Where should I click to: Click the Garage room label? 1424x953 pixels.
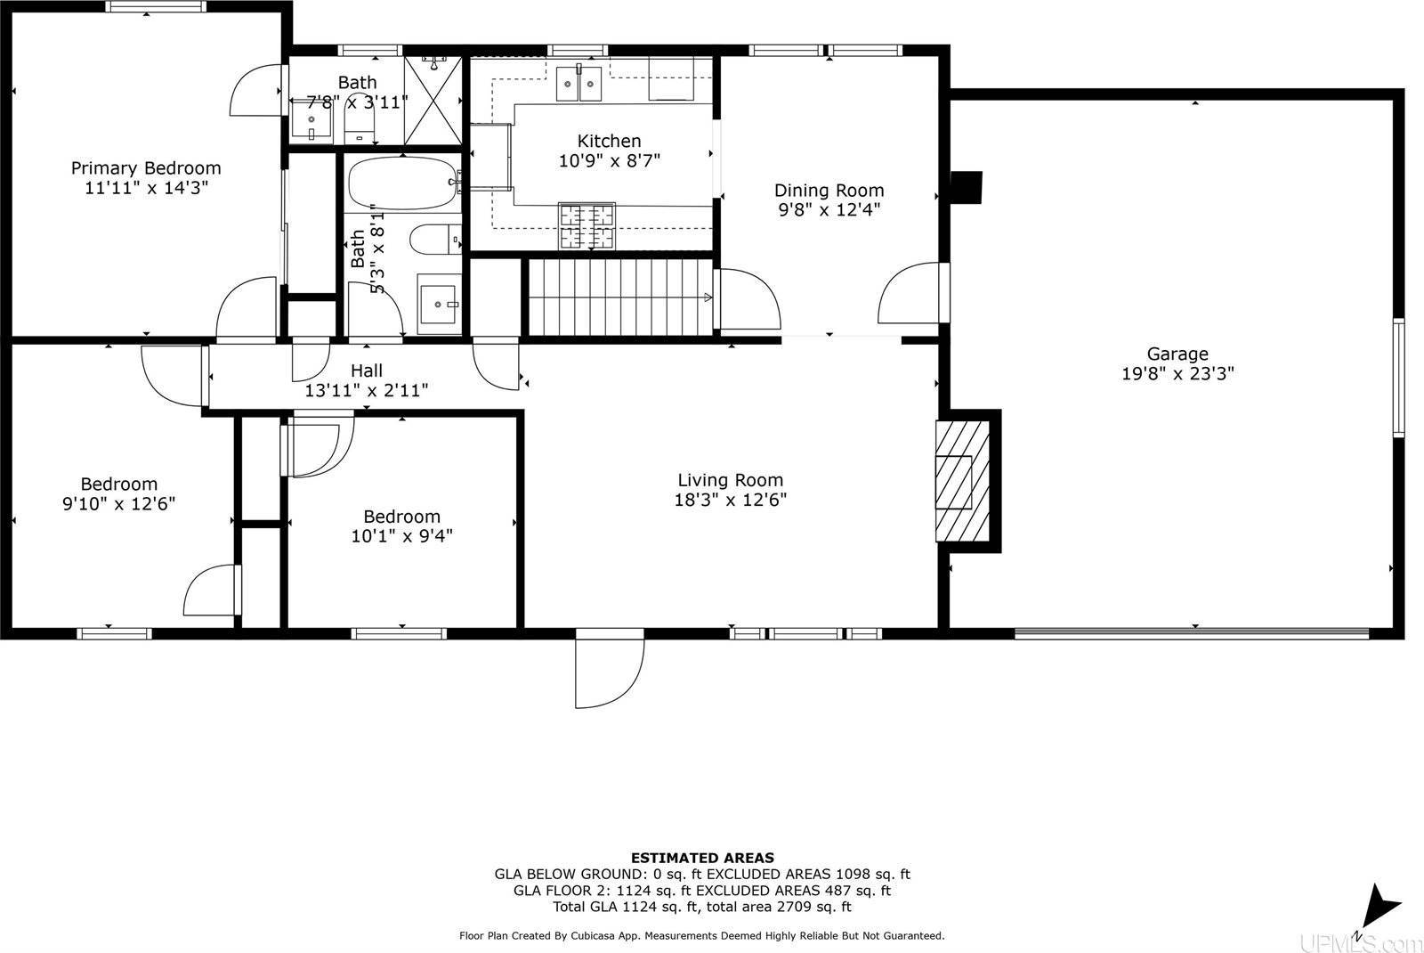[x=1177, y=354]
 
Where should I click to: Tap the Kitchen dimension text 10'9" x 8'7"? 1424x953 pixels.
[x=610, y=160]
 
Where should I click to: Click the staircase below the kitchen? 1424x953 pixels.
[x=620, y=297]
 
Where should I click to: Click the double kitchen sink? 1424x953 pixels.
[x=579, y=84]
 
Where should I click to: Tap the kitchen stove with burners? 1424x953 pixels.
[x=586, y=225]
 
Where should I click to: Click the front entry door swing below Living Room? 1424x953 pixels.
[x=609, y=667]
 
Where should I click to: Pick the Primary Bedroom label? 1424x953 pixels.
[x=146, y=168]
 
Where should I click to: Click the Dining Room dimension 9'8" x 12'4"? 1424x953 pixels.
[x=829, y=210]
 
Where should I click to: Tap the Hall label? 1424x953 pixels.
[x=367, y=371]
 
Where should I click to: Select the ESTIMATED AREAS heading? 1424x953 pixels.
[x=702, y=858]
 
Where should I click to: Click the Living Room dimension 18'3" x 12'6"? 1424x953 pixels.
[x=730, y=501]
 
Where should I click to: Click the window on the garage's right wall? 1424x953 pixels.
[x=1398, y=377]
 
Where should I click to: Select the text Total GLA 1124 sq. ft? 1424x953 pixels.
[x=623, y=907]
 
